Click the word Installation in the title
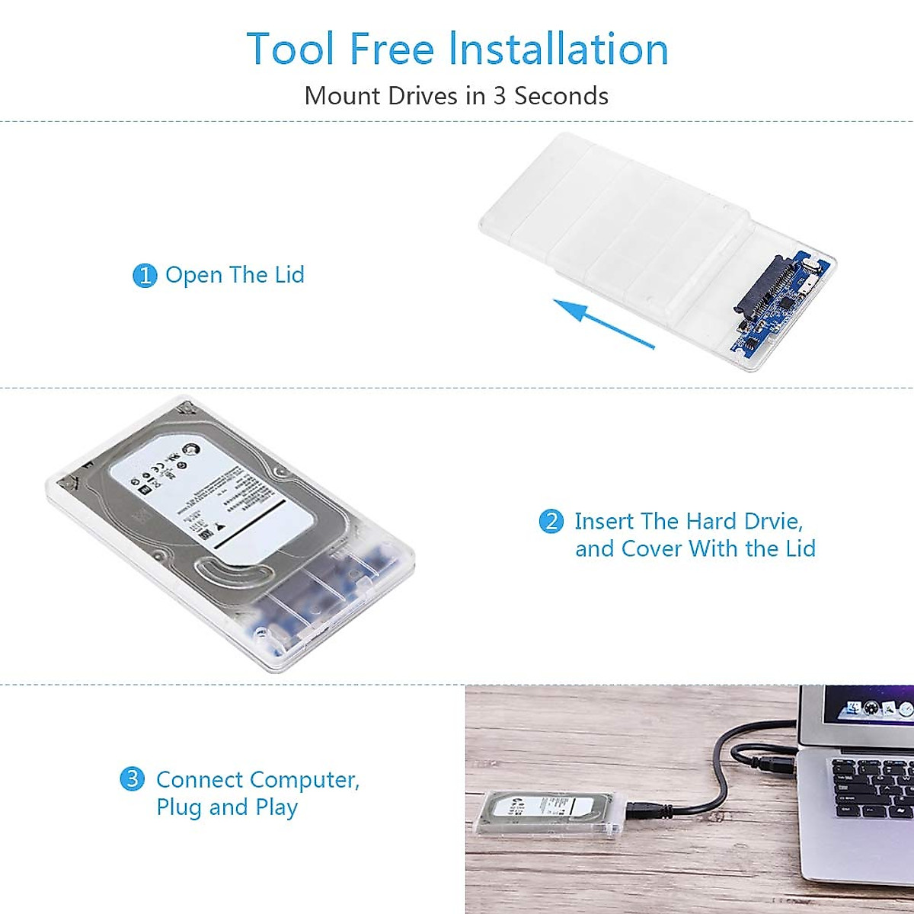(x=558, y=50)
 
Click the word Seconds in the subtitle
(x=561, y=96)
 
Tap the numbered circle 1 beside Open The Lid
(x=144, y=276)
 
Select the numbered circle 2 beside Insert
(x=551, y=522)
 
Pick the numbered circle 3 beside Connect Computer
(x=132, y=779)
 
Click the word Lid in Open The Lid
(x=289, y=275)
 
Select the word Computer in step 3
(x=304, y=780)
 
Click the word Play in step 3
(x=276, y=807)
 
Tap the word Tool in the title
(x=290, y=50)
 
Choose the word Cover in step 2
(x=651, y=549)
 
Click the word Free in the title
(x=393, y=50)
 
